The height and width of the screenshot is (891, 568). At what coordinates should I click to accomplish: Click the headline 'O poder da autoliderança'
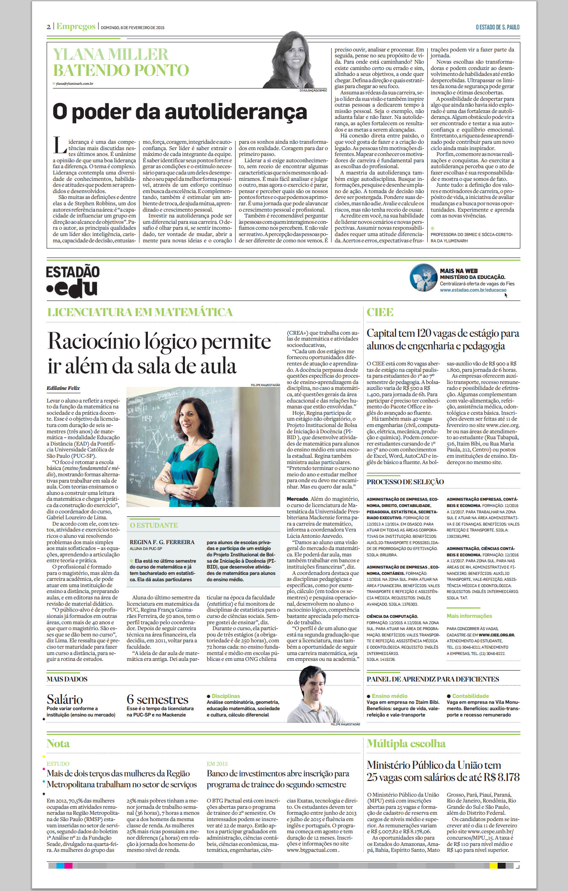[x=180, y=112]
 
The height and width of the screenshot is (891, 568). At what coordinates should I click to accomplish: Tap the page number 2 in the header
[x=48, y=27]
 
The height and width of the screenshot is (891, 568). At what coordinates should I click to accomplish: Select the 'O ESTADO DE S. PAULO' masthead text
[x=497, y=27]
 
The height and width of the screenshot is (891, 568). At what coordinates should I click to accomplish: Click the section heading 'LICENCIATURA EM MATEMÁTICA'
[x=140, y=312]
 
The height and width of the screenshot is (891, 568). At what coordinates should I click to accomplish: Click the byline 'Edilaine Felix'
[x=63, y=388]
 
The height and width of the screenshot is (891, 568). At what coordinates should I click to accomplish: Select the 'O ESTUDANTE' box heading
[x=154, y=525]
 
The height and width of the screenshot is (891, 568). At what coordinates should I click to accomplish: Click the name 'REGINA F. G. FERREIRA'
[x=162, y=542]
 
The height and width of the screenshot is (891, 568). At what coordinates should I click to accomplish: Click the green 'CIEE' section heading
[x=380, y=312]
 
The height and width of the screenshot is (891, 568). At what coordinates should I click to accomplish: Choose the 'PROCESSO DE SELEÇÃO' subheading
[x=405, y=482]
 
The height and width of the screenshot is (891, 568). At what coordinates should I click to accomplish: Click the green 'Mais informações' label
[x=469, y=616]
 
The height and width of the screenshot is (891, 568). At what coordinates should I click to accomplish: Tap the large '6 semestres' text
[x=157, y=700]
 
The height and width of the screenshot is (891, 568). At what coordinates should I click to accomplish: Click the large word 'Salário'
[x=64, y=700]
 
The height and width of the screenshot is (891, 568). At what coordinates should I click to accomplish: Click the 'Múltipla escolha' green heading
[x=406, y=743]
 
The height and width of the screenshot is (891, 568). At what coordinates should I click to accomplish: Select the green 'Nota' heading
[x=58, y=743]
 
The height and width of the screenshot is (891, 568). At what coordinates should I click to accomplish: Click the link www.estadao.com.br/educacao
[x=473, y=290]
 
